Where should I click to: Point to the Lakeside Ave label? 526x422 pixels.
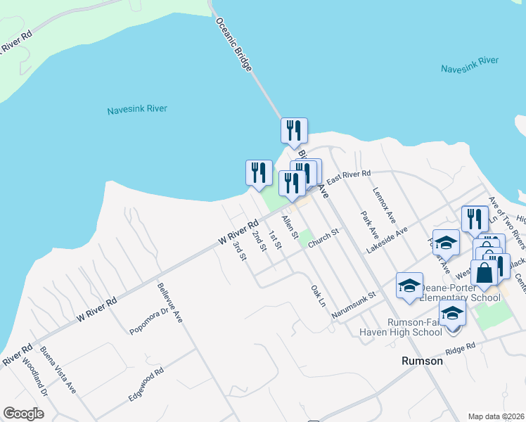click(x=387, y=241)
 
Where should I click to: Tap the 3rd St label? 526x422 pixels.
click(x=240, y=252)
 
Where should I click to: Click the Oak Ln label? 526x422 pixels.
click(x=319, y=295)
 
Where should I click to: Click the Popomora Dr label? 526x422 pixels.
click(x=146, y=319)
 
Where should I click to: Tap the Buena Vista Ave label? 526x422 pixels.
click(x=58, y=369)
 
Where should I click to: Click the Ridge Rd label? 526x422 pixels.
click(x=460, y=348)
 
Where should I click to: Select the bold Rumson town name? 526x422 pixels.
click(x=422, y=361)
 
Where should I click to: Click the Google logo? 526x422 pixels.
click(x=23, y=414)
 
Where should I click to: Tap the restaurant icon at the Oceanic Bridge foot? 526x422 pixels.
click(x=294, y=131)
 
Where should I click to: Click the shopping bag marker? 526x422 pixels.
click(x=484, y=271)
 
